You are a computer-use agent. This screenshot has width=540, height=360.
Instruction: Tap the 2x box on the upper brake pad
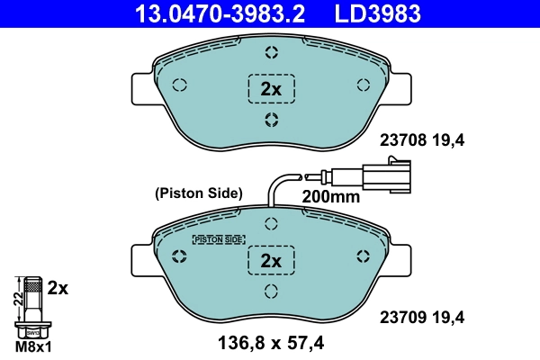pos(271,88)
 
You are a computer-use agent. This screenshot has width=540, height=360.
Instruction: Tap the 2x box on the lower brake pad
pos(271,260)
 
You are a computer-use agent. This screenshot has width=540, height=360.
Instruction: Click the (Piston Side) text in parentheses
pos(199,193)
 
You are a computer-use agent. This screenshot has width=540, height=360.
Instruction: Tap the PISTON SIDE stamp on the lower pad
pos(220,239)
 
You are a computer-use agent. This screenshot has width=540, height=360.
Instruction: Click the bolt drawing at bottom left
pos(33,306)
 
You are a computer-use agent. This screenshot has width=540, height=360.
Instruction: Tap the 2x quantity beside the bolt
pos(58,288)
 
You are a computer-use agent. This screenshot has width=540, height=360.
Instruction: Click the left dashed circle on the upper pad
pos(178,85)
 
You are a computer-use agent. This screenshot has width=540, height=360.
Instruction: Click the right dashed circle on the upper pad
pos(364,85)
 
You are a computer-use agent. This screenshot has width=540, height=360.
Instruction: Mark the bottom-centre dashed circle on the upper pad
pos(271,121)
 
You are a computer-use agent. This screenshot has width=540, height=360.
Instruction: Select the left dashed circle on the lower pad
pos(178,256)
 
